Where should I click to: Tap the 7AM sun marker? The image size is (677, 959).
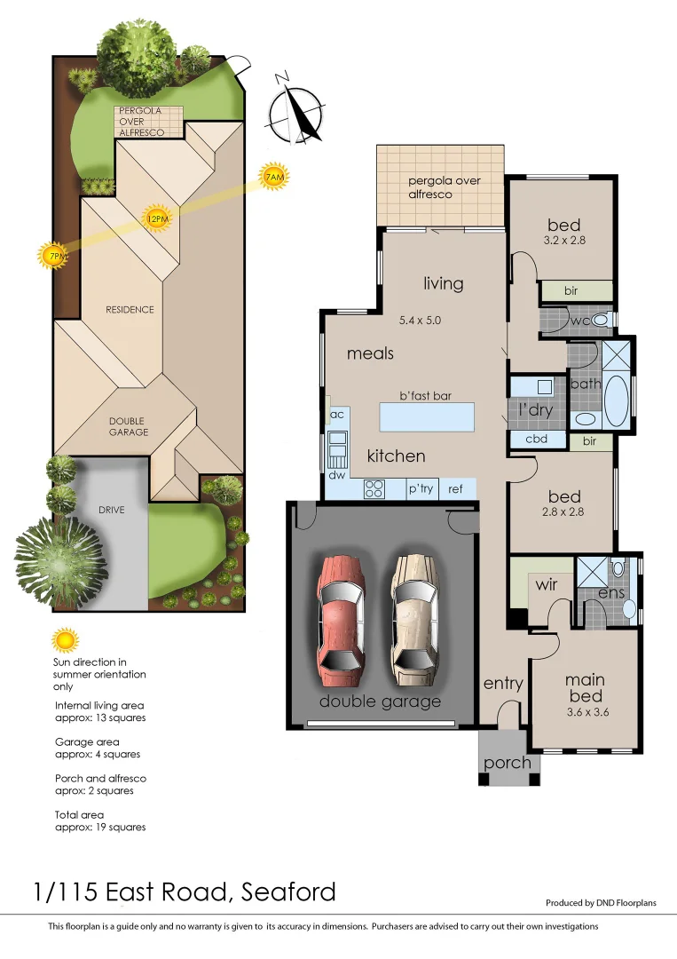(274, 178)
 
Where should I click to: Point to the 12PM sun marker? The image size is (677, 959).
(157, 218)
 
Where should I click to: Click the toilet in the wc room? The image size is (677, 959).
(601, 320)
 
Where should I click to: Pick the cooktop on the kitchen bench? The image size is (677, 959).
(374, 488)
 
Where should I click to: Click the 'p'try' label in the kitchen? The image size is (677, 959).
(420, 488)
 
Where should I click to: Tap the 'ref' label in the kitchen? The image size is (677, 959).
(455, 488)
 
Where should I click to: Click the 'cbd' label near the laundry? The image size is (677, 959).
(536, 439)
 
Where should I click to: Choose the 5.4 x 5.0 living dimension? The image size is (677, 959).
(421, 321)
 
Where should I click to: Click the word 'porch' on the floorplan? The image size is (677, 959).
(508, 762)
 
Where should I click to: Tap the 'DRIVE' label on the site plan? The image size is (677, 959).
(112, 510)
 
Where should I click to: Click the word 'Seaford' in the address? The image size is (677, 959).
(288, 891)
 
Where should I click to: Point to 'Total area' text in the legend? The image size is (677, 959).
(80, 814)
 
